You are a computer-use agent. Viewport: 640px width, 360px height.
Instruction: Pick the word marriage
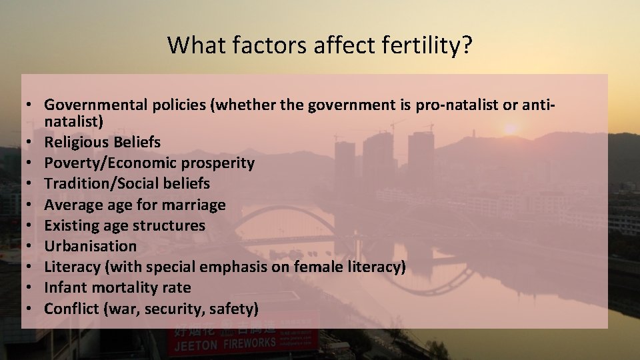pos(195,205)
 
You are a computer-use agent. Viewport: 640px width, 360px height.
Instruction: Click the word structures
pos(173,225)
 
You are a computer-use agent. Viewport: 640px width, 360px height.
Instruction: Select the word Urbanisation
pos(90,246)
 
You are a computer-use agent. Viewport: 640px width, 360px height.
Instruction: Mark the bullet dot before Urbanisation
pos(31,247)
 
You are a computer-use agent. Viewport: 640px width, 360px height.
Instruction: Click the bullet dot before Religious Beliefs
pos(31,143)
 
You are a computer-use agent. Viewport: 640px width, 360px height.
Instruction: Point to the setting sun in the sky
pos(511,129)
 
